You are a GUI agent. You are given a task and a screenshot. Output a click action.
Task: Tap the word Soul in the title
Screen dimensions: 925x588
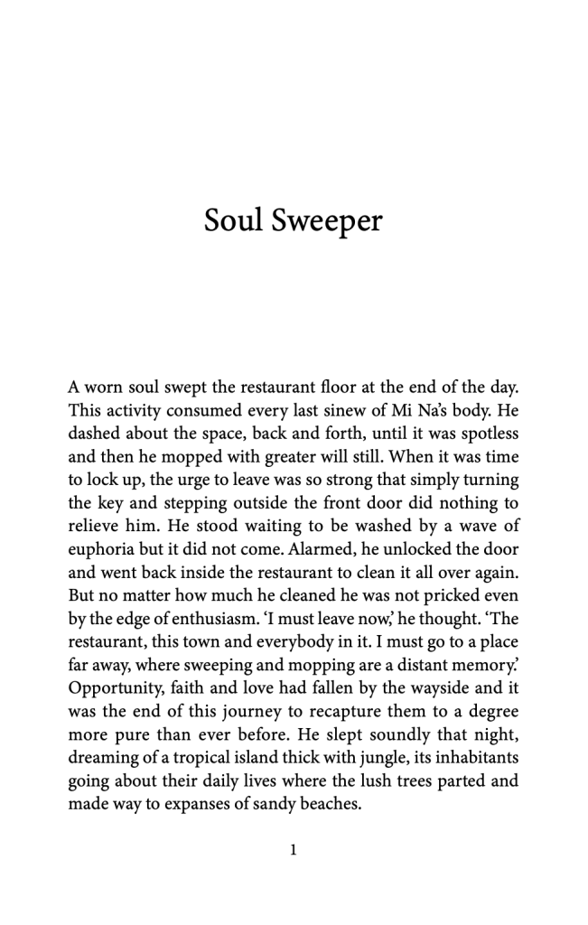click(231, 220)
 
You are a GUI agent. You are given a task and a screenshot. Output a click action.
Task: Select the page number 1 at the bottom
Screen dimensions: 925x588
click(294, 849)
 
